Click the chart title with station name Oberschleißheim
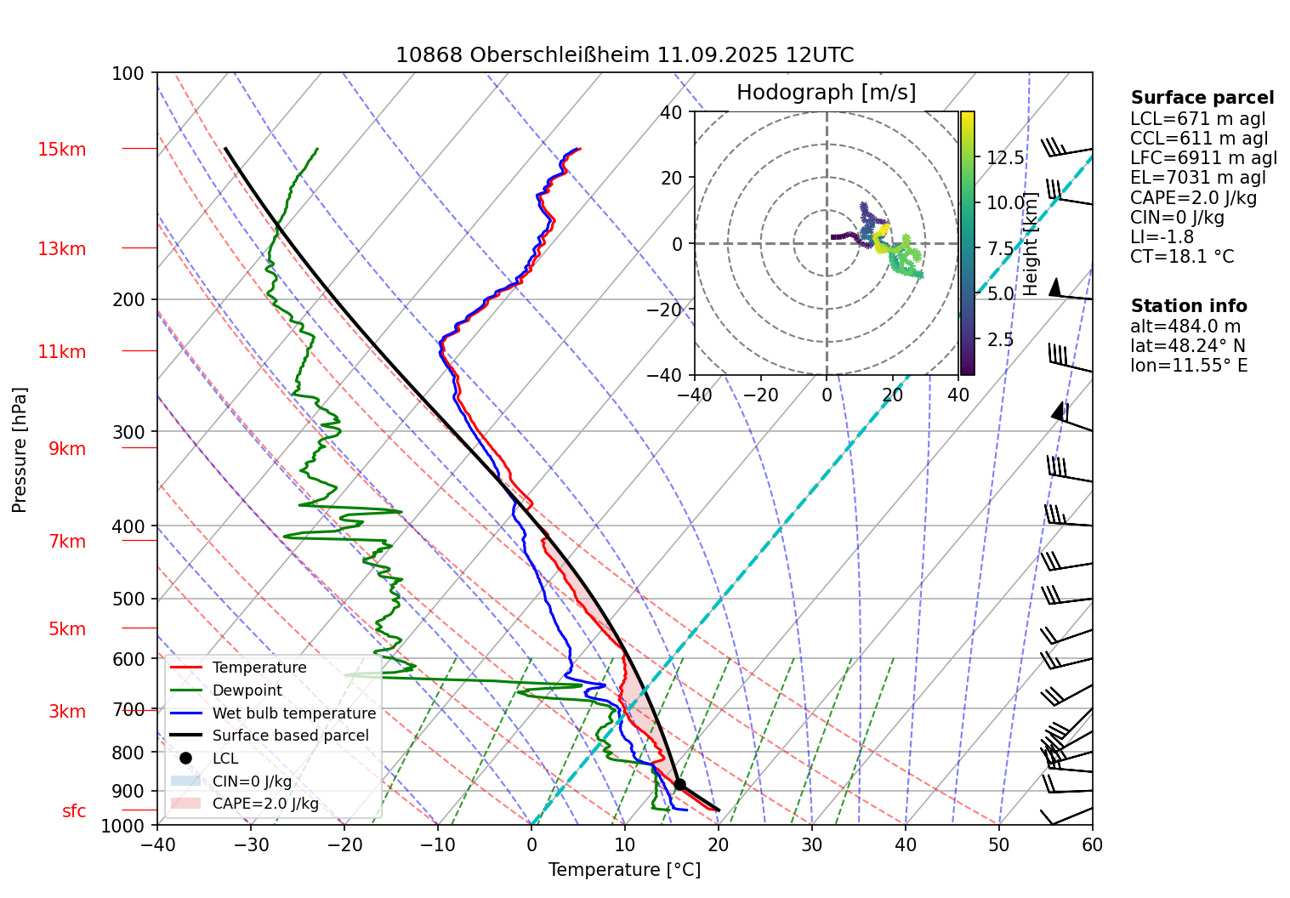[624, 55]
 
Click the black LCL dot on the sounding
[679, 784]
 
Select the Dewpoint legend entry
[247, 691]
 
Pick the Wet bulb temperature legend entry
[293, 713]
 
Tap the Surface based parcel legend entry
[290, 736]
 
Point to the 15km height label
[61, 150]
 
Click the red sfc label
[74, 811]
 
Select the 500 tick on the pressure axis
[129, 599]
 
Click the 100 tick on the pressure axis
[128, 74]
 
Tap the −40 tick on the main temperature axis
[157, 844]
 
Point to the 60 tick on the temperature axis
[1092, 844]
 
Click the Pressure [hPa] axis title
[20, 450]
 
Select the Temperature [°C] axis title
[624, 870]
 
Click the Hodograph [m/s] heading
[826, 93]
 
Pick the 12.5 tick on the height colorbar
[1005, 158]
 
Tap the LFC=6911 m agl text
[1203, 158]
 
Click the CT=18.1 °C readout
[1181, 257]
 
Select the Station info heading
[1188, 306]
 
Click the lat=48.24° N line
[1188, 346]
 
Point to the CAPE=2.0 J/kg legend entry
[265, 804]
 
